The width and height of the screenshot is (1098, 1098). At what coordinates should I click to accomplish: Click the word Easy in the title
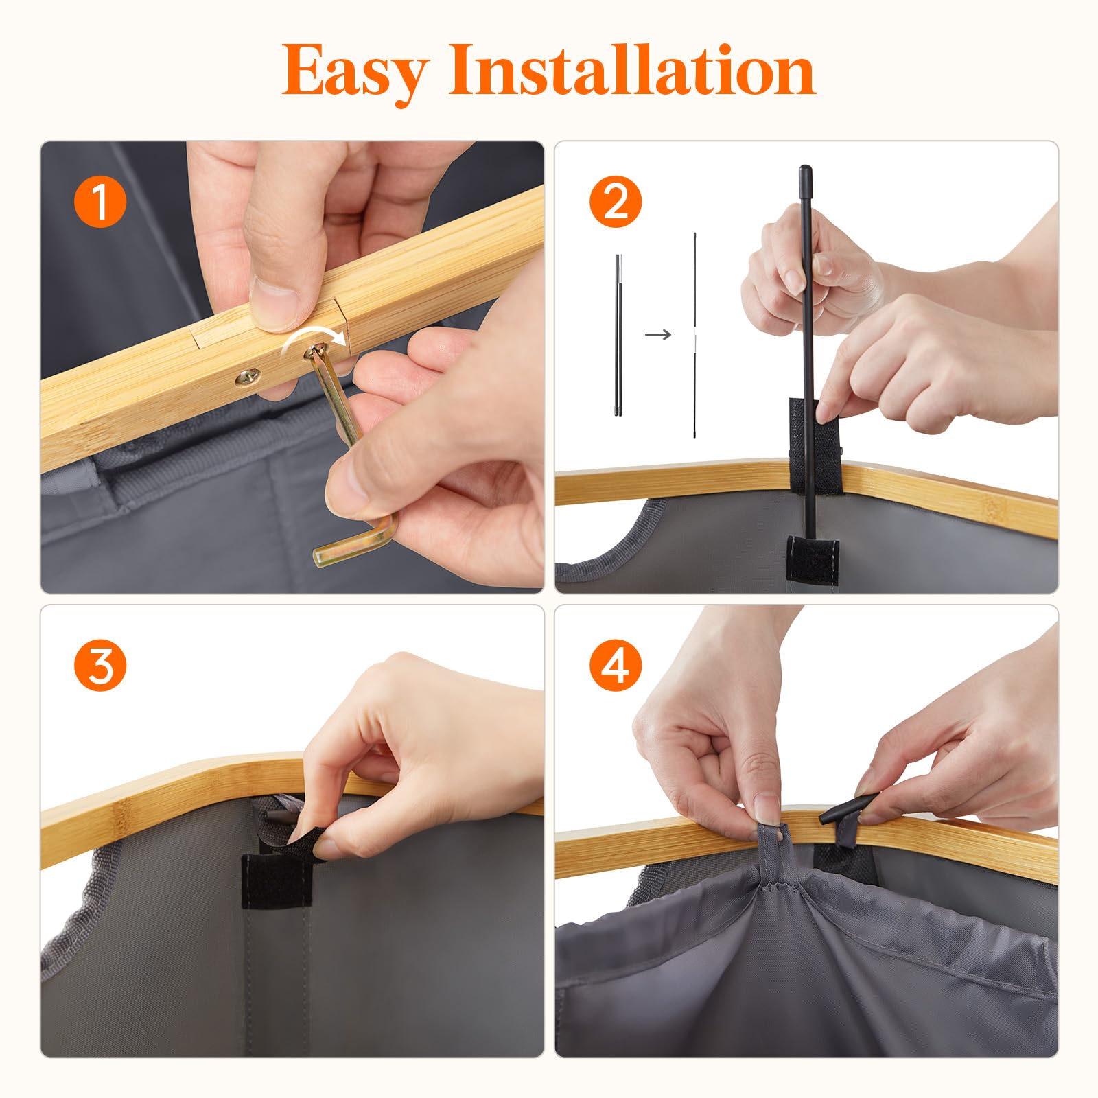[x=356, y=72]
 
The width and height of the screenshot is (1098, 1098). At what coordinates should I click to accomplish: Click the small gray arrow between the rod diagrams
[x=658, y=334]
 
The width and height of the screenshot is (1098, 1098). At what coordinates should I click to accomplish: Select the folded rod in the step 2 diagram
[x=618, y=335]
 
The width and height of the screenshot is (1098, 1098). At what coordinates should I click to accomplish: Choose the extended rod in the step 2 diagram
[x=694, y=335]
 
